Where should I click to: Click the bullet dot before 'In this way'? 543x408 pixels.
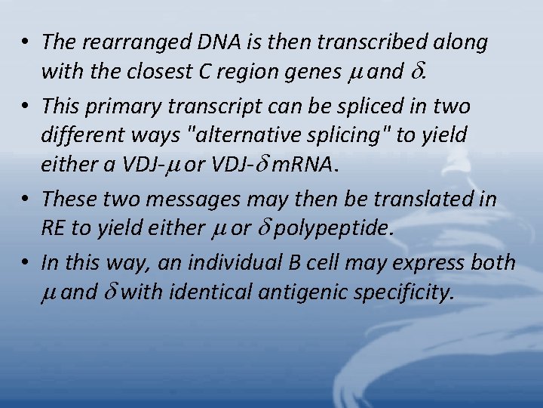tap(26, 262)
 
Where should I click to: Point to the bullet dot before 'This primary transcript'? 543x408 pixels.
tap(26, 106)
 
